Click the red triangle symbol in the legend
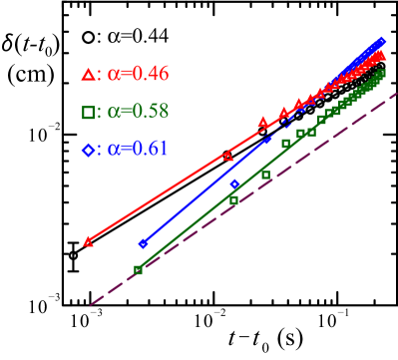88,74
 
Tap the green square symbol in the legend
88,112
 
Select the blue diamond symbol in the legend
88,150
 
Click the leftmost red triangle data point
89,240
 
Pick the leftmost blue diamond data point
144,243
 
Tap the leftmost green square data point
138,269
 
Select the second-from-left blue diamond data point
235,184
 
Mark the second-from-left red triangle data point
228,156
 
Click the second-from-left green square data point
233,200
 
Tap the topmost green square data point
382,72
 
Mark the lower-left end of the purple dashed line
91,305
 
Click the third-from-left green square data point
266,175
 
